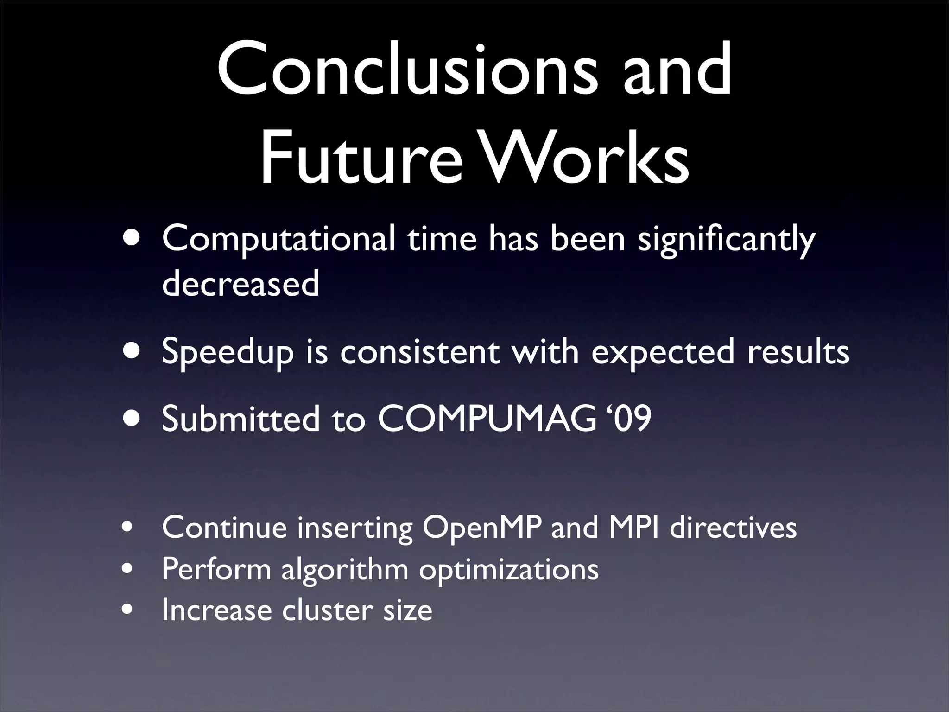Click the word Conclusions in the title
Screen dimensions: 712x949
point(408,70)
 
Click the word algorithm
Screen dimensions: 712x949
point(345,569)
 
